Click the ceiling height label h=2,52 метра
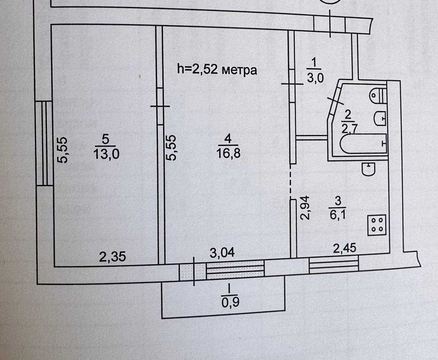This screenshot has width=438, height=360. click(x=217, y=69)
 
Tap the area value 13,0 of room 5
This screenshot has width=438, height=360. click(x=106, y=154)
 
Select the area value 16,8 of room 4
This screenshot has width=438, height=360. click(x=228, y=153)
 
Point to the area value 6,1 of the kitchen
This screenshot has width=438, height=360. click(x=338, y=215)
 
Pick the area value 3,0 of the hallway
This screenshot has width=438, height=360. click(x=316, y=77)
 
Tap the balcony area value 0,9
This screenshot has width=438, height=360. click(x=230, y=302)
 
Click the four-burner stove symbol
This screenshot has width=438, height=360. click(x=377, y=225)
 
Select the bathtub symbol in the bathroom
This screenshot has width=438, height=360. click(x=363, y=143)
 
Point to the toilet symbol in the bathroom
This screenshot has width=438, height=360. click(x=378, y=95)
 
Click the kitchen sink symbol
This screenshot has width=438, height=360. click(x=369, y=169)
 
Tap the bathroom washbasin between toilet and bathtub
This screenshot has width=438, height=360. click(x=379, y=119)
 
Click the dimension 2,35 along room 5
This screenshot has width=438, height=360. click(x=112, y=257)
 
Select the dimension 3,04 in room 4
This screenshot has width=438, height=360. click(x=222, y=253)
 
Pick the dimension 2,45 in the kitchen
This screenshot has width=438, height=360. click(x=345, y=248)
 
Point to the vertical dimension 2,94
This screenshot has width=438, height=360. click(x=305, y=208)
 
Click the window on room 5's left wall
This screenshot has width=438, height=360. click(x=44, y=143)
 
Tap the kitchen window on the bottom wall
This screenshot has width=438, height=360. click(x=334, y=265)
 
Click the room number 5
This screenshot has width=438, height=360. click(x=106, y=139)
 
